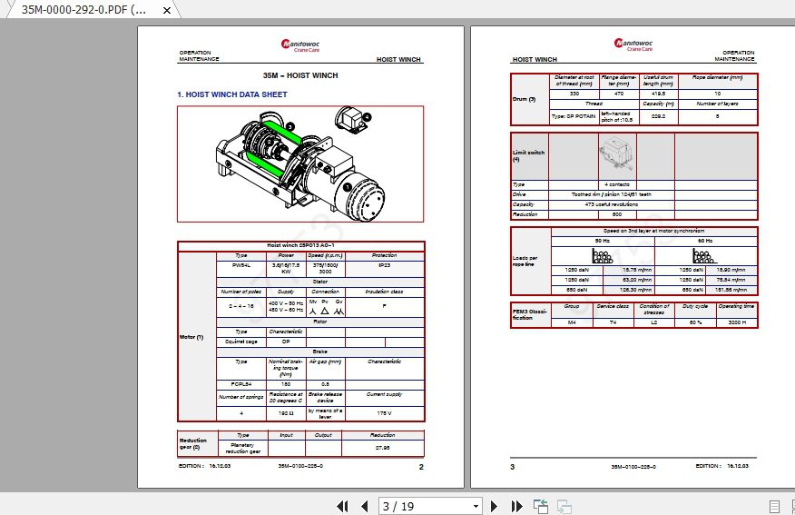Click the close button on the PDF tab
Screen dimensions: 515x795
pos(166,10)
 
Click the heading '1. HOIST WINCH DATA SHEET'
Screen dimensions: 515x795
pos(232,94)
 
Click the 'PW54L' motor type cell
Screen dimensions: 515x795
pos(241,266)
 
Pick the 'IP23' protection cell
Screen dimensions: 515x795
pos(385,266)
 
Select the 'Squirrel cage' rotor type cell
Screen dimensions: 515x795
pos(241,342)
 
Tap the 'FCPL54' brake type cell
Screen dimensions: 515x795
pos(241,384)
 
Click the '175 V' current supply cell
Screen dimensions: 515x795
pos(384,413)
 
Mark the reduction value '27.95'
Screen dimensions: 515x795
pos(383,447)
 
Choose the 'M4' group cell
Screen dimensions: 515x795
pos(572,322)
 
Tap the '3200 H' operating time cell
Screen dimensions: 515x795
pos(737,322)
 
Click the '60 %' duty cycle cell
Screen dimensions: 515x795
pos(696,322)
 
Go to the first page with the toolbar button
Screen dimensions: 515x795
pos(343,506)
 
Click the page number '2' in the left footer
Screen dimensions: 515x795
pos(421,467)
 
